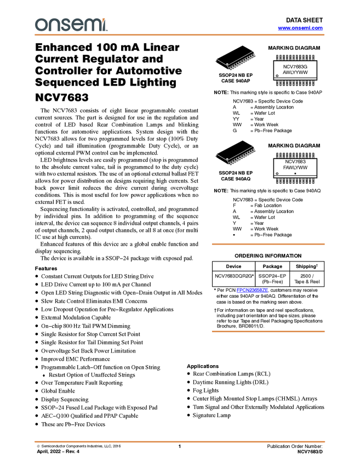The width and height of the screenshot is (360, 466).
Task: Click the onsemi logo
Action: (71, 25)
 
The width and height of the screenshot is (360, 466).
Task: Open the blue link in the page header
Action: (300, 28)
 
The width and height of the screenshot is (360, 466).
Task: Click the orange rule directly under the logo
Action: (180, 35)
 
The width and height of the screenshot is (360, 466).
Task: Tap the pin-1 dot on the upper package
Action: (227, 65)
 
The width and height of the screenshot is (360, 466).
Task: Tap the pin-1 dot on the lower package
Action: (227, 159)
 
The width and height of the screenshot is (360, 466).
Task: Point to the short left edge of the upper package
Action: (221, 61)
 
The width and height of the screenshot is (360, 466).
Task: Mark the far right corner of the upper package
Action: (254, 52)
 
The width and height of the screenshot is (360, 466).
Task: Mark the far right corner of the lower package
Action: (254, 146)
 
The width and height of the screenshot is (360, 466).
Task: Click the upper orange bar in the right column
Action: (268, 244)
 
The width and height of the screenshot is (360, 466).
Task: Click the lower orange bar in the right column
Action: (268, 332)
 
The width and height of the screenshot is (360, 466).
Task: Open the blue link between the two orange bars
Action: (253, 291)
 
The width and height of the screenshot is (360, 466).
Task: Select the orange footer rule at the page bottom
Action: (180, 441)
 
